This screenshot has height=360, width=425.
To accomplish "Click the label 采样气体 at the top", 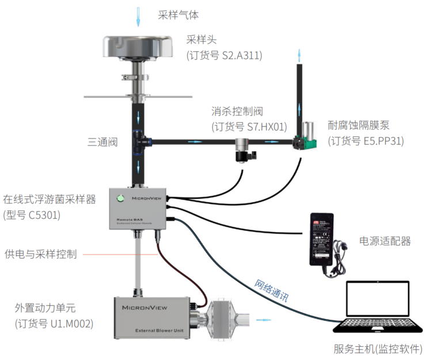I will pos(179,15).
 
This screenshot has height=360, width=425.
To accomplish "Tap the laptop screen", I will pos(378,305).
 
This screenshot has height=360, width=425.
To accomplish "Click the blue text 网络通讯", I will pos(272,291).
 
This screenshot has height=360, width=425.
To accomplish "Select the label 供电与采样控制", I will pos(40,253).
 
